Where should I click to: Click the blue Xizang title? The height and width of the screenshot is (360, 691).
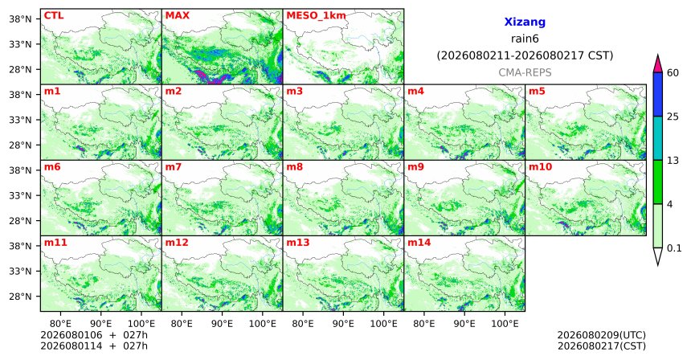click(525, 22)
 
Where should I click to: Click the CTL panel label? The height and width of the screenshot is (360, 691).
click(54, 15)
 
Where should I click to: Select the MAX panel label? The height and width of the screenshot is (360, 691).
click(177, 15)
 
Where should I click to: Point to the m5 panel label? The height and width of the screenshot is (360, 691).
click(537, 92)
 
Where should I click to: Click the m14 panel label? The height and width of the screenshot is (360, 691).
click(419, 243)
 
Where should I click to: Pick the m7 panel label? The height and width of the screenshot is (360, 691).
click(174, 167)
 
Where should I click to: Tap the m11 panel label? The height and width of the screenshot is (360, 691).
click(55, 243)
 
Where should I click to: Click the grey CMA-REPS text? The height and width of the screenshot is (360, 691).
click(525, 72)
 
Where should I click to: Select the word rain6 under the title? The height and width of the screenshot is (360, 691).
click(525, 39)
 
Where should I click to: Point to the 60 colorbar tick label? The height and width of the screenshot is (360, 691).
click(673, 73)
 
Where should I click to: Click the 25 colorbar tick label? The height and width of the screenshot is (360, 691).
click(673, 117)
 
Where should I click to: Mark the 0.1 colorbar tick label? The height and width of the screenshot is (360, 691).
click(674, 248)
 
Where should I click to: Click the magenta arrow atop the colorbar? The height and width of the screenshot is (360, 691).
click(658, 64)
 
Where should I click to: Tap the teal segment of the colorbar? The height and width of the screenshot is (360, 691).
click(658, 138)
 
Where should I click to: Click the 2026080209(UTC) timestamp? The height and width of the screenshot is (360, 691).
click(602, 335)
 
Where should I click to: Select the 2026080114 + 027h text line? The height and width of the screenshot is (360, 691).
click(94, 346)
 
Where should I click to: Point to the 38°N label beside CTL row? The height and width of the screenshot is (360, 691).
click(20, 19)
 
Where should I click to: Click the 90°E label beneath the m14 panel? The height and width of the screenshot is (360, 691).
click(464, 324)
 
